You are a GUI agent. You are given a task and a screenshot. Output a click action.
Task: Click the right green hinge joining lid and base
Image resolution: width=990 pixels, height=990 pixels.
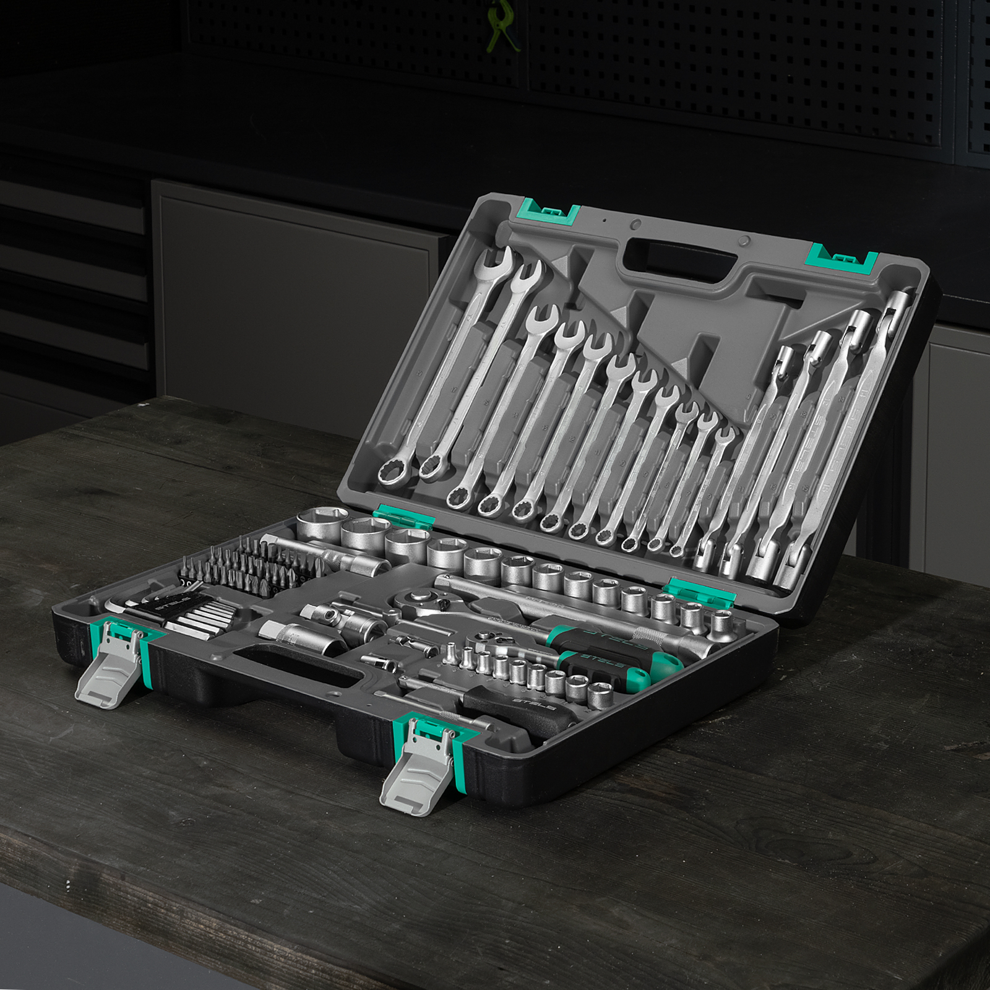pyautogui.click(x=699, y=590)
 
